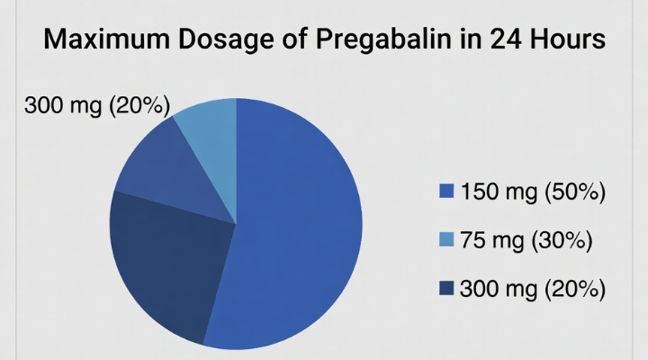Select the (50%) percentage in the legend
(x=573, y=191)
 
